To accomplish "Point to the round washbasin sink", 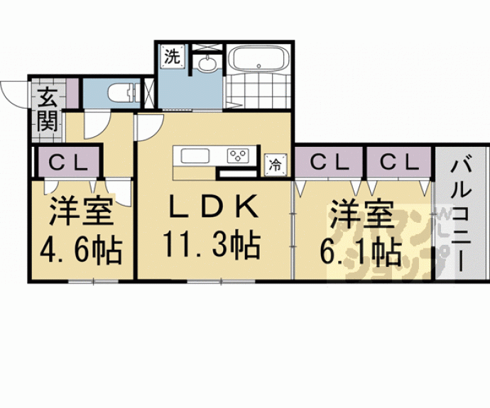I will tap(207, 65).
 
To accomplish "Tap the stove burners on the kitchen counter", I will tap(237, 155).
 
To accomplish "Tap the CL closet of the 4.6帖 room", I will tap(68, 162).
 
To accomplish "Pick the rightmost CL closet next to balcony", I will tap(398, 162).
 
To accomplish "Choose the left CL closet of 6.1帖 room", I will tap(330, 162).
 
